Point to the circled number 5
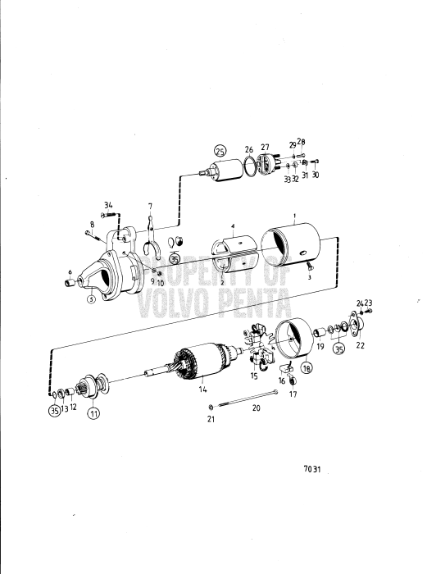click(x=92, y=299)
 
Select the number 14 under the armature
click(x=201, y=391)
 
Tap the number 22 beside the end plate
click(x=361, y=345)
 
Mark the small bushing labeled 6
click(x=70, y=283)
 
